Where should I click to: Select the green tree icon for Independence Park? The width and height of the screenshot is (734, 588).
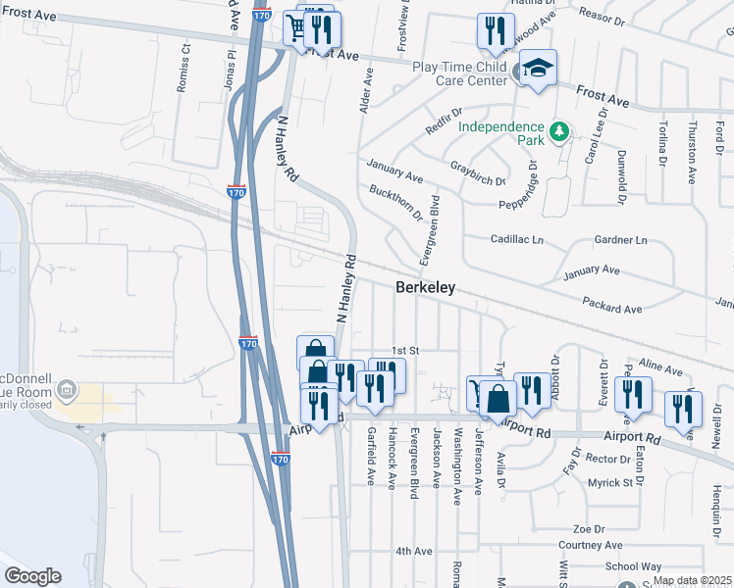click(x=558, y=130)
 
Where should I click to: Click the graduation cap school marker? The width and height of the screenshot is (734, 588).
click(x=537, y=68)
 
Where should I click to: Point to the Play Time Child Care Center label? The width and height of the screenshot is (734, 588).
click(x=459, y=73)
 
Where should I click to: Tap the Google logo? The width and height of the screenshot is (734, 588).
click(x=32, y=576)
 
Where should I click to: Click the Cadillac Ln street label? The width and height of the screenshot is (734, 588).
click(x=516, y=239)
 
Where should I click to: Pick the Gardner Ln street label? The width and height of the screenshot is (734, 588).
click(x=621, y=240)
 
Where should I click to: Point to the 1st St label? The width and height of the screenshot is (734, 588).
click(x=405, y=350)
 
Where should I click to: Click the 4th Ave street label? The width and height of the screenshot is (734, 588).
click(x=413, y=551)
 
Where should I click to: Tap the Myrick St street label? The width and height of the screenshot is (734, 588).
click(x=609, y=482)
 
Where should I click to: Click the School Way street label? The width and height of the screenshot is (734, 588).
click(x=634, y=566)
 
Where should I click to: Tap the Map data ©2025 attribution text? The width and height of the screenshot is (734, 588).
click(x=690, y=580)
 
